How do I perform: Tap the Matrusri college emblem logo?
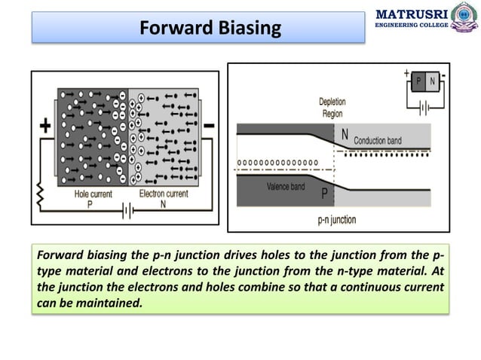tap(461, 20)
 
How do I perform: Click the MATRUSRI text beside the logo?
tap(411, 14)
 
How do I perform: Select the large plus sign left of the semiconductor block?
tap(45, 126)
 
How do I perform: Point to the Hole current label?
tap(93, 194)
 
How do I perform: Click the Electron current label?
tap(164, 194)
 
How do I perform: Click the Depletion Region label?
tap(332, 106)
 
